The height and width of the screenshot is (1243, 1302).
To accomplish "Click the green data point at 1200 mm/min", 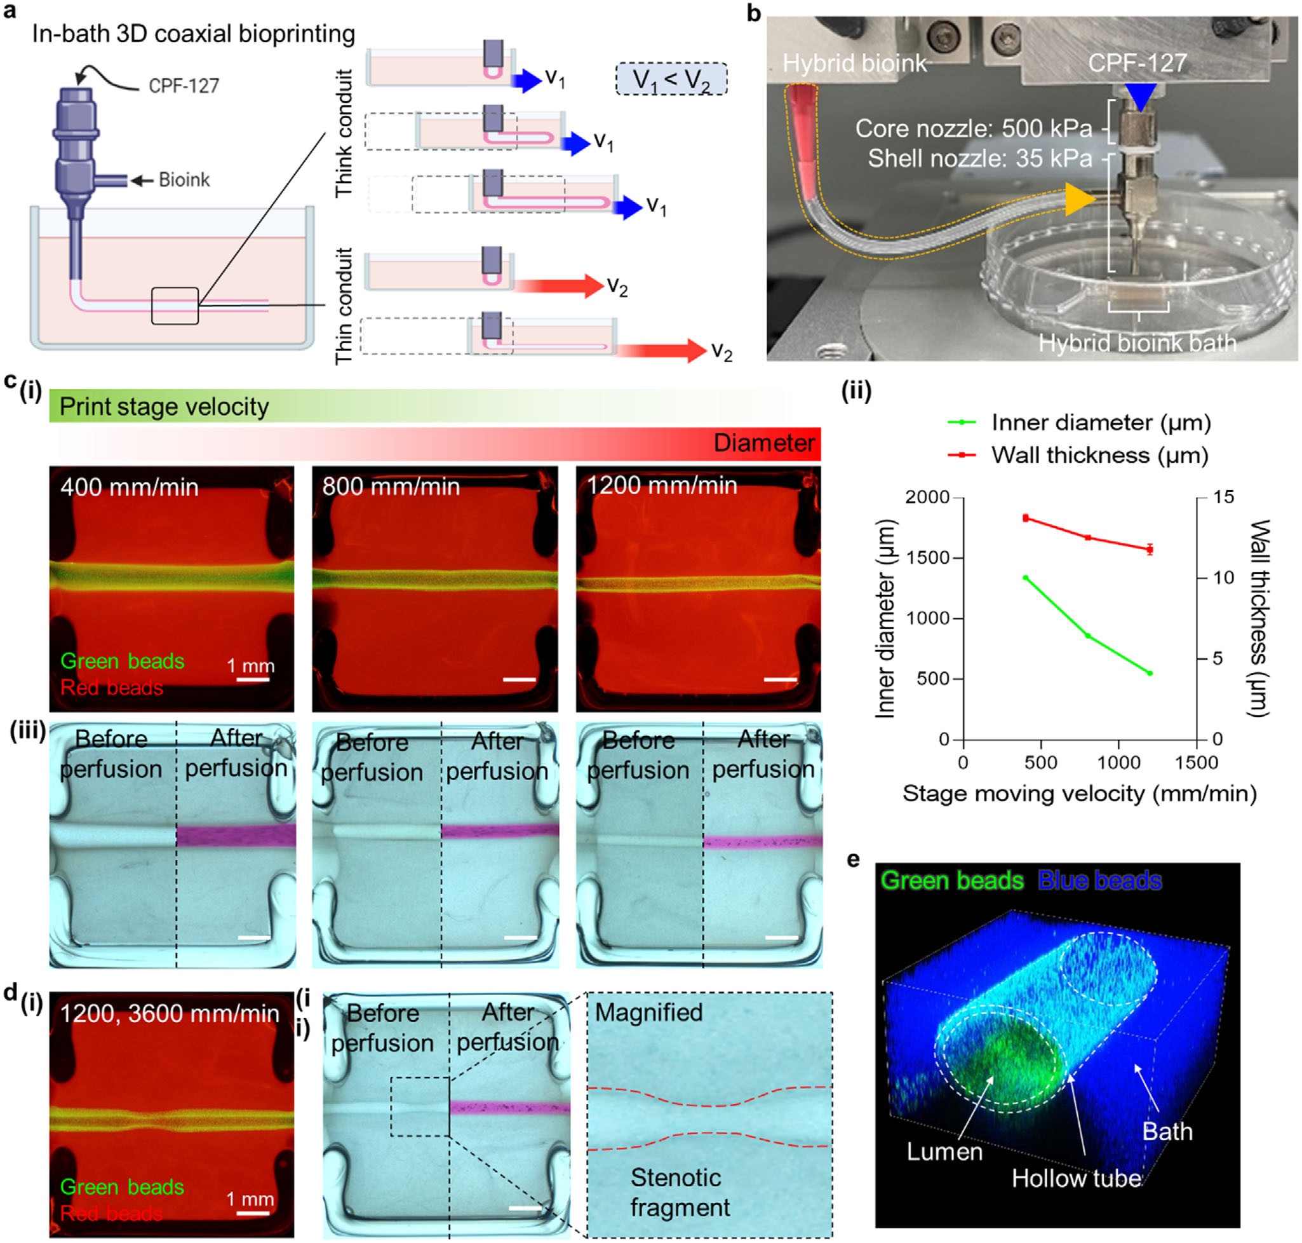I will tap(1150, 673).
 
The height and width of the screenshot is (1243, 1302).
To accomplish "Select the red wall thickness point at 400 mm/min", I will tap(1026, 518).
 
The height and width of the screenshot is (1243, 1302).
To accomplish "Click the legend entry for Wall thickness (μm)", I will tap(1099, 455).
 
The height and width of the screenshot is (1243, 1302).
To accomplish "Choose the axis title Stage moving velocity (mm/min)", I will tap(1079, 794).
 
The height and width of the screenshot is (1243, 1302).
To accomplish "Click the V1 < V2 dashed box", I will tap(671, 79).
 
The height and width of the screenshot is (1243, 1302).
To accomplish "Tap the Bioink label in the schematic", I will tap(184, 180).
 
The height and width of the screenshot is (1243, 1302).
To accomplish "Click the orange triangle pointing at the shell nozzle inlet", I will tap(1079, 200).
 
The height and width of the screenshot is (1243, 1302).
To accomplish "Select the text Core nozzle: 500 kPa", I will tap(973, 128).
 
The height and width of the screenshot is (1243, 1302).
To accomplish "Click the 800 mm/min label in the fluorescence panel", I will tap(391, 487).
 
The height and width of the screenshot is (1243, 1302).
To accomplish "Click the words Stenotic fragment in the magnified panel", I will tap(678, 1192).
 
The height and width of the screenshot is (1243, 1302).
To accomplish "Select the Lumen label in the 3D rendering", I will tap(944, 1151).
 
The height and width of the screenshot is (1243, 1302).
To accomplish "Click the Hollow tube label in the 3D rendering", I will tap(1076, 1178).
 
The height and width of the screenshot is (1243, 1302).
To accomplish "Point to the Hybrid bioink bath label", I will tap(1137, 343).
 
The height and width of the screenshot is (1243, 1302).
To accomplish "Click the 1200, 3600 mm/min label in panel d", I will tap(170, 1014).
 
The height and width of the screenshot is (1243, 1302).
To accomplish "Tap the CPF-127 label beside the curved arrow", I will tap(184, 86).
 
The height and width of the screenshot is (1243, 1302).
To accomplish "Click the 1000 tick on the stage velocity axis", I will tap(1118, 763).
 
